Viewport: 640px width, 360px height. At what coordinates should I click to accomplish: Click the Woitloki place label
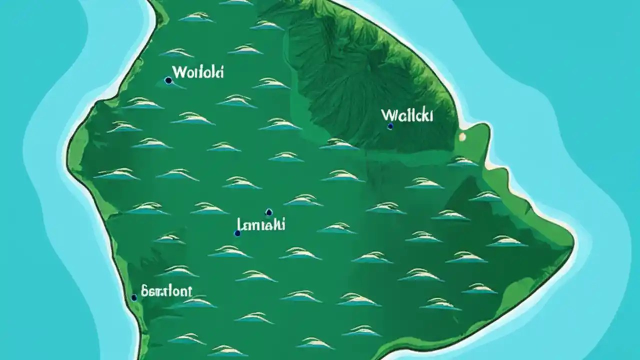(x=197, y=72)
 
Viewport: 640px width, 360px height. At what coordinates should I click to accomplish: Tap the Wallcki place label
(x=407, y=115)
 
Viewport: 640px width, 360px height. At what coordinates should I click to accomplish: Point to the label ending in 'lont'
(x=166, y=291)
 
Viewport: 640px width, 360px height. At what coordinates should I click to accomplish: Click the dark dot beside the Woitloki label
(x=168, y=80)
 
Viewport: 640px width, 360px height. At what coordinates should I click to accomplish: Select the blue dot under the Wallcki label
(x=390, y=126)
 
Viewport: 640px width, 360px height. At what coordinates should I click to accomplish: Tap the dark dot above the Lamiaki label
(x=268, y=211)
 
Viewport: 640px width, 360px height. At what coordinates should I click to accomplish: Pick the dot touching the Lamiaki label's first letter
(x=237, y=233)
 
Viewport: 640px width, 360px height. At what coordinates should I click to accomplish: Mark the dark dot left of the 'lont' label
(x=134, y=297)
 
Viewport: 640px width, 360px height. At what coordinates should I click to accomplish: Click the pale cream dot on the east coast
(x=462, y=136)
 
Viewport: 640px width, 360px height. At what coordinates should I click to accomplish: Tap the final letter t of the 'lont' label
(x=189, y=291)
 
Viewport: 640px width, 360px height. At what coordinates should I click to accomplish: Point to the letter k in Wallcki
(x=424, y=115)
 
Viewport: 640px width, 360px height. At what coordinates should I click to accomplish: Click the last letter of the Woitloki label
(x=221, y=71)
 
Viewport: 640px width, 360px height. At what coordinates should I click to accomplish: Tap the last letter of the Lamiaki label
(x=283, y=224)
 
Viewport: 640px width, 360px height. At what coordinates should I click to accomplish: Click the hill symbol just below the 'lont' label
(x=197, y=302)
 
